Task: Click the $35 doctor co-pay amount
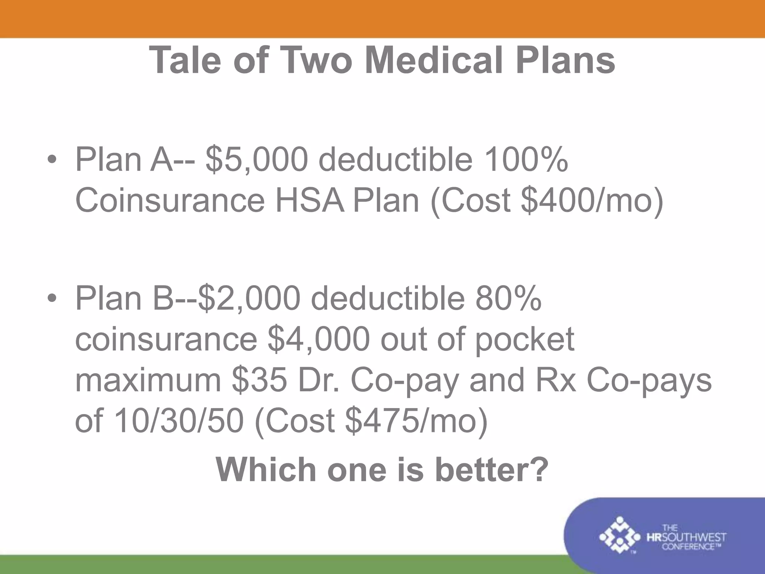(259, 380)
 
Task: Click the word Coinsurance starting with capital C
(170, 201)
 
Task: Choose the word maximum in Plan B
(148, 380)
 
